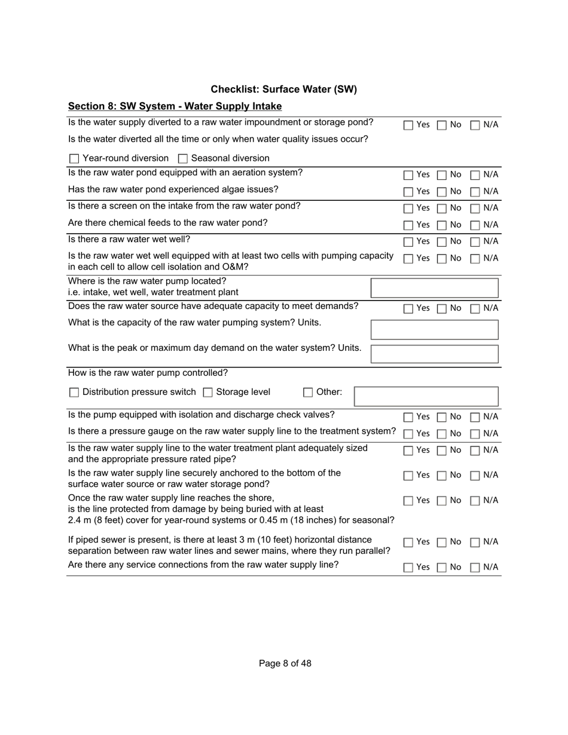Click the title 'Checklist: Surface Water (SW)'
[x=283, y=90]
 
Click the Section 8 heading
[x=175, y=106]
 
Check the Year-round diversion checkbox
[x=74, y=159]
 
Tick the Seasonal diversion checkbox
[x=183, y=159]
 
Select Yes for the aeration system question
[x=408, y=175]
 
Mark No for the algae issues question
[x=441, y=192]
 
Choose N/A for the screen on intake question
[x=475, y=209]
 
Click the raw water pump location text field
[x=434, y=288]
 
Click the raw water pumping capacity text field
[x=434, y=330]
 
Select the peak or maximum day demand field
[x=434, y=354]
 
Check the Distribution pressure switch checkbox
[x=74, y=393]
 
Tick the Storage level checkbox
[x=208, y=393]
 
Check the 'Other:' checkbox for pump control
[x=308, y=393]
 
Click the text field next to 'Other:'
[x=426, y=397]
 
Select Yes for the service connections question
[x=408, y=568]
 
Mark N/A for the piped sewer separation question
[x=475, y=543]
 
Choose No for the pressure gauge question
[x=441, y=434]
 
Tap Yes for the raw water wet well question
[x=408, y=242]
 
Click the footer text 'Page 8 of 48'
[x=285, y=663]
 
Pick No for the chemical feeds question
[x=441, y=225]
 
